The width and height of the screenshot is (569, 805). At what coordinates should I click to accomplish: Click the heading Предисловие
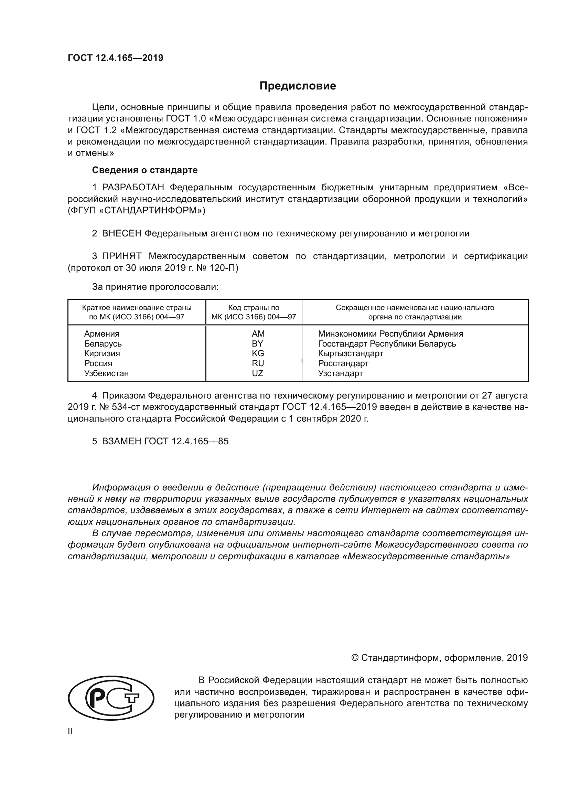click(298, 86)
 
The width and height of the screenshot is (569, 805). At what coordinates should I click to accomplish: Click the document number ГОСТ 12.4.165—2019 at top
click(115, 58)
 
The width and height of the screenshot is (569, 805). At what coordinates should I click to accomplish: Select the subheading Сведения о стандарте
click(145, 170)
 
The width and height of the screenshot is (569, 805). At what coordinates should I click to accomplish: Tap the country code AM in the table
click(258, 334)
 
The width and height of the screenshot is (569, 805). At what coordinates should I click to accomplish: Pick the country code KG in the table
click(258, 353)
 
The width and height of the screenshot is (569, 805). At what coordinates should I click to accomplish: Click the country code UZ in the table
click(258, 373)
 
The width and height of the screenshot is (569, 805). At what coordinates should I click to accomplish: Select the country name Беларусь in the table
click(103, 343)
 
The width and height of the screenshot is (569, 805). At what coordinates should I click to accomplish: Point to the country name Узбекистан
click(106, 373)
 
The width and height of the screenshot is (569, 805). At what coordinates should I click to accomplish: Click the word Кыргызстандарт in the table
click(350, 353)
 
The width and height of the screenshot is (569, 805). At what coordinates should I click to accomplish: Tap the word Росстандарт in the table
click(343, 363)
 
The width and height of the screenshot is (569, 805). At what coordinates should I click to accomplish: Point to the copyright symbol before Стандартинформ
click(355, 658)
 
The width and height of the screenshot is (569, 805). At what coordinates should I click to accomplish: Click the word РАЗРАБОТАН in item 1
click(133, 188)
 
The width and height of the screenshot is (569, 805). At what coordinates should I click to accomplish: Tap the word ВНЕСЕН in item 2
click(121, 233)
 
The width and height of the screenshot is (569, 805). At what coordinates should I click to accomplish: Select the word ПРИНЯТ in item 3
click(121, 256)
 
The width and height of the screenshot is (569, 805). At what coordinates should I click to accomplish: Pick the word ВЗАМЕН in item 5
click(121, 441)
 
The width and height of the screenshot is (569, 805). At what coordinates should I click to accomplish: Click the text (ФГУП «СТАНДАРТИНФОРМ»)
click(137, 211)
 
